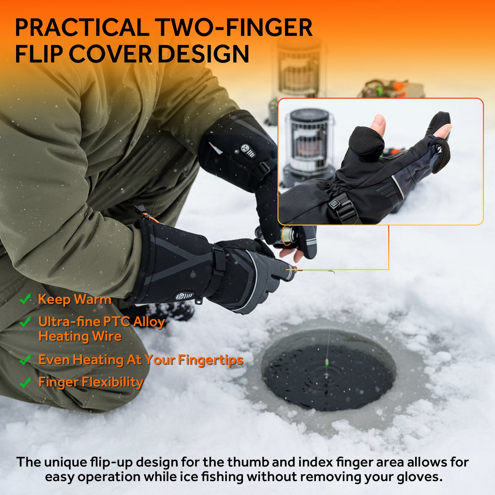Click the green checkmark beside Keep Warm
tap(25, 299)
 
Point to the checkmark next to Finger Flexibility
tap(25, 382)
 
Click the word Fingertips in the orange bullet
tap(211, 360)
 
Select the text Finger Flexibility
tap(91, 382)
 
